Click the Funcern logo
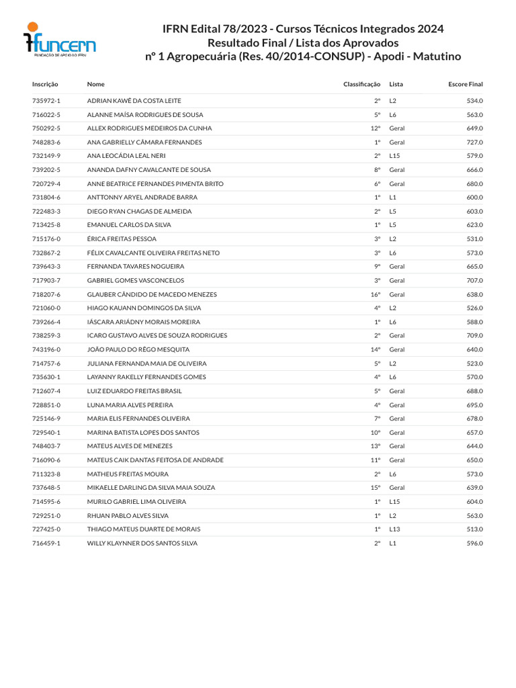click(x=59, y=42)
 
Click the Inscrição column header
click(x=45, y=84)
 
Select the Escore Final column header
click(x=465, y=84)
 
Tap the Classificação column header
click(x=361, y=84)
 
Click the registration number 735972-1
click(x=46, y=101)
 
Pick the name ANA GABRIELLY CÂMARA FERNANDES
click(x=144, y=142)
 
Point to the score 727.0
click(x=474, y=142)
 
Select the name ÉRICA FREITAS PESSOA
click(x=121, y=239)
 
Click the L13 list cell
click(x=394, y=529)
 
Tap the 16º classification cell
click(x=376, y=294)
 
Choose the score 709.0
click(x=474, y=335)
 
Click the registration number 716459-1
click(x=46, y=543)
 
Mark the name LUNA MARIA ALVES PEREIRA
click(x=130, y=405)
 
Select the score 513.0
click(x=474, y=529)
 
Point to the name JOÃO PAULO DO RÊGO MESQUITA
click(x=138, y=349)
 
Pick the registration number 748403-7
click(x=46, y=446)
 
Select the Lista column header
click(x=396, y=84)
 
